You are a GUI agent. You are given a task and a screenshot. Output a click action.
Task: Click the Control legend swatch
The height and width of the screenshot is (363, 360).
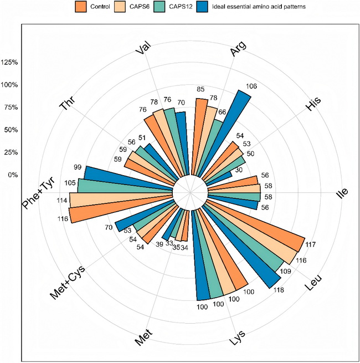click(81, 7)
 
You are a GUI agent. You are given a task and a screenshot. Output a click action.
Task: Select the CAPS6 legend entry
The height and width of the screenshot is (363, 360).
click(119, 7)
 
